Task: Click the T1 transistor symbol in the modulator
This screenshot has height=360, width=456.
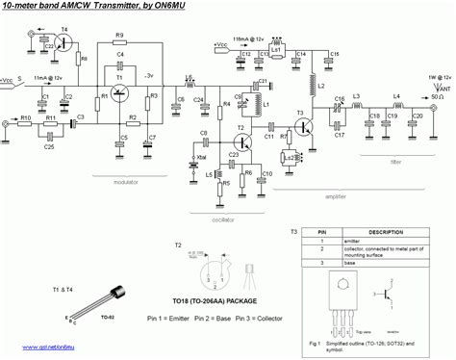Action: [119, 92]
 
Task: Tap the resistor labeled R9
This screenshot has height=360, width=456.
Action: [119, 43]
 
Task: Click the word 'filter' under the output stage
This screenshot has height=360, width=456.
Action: [396, 162]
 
